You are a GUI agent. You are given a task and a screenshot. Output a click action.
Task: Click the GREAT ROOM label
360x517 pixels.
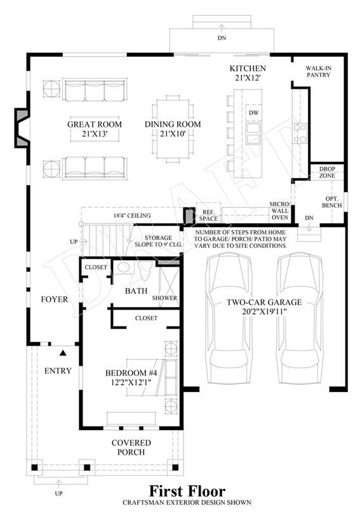(95, 124)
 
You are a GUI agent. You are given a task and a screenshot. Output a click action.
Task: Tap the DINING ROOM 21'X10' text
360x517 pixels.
(173, 129)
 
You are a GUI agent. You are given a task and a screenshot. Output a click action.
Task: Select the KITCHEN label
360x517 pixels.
(248, 69)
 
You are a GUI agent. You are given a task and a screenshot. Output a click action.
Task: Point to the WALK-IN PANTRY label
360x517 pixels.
(319, 72)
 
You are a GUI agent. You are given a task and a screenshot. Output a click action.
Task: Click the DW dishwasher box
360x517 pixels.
(253, 113)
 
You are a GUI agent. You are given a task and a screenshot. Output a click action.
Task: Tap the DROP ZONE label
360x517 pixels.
(327, 172)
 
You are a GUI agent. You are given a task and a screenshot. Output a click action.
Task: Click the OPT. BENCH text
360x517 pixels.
(331, 202)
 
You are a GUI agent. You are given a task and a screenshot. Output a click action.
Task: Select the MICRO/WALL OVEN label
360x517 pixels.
(279, 211)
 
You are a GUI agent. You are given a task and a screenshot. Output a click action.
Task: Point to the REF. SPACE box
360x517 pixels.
(208, 213)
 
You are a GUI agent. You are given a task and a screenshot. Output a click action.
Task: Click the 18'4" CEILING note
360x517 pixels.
(132, 216)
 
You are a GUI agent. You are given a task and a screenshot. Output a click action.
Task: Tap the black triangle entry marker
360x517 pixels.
(63, 353)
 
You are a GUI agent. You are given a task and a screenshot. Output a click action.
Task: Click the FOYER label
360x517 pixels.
(55, 299)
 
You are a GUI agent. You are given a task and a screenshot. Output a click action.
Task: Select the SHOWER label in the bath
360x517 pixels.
(164, 298)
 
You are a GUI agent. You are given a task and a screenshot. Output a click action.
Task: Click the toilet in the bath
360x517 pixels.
(145, 270)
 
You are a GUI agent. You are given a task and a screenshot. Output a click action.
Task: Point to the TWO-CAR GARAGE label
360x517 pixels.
(264, 303)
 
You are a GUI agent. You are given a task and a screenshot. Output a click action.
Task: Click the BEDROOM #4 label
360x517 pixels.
(131, 373)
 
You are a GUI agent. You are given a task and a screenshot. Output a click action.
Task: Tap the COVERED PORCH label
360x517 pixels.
(131, 447)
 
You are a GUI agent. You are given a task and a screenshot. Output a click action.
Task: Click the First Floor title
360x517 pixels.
(187, 491)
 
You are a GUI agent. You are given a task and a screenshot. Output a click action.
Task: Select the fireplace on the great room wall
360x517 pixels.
(22, 128)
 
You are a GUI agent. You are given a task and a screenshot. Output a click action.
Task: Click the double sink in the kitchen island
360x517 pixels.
(253, 133)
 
